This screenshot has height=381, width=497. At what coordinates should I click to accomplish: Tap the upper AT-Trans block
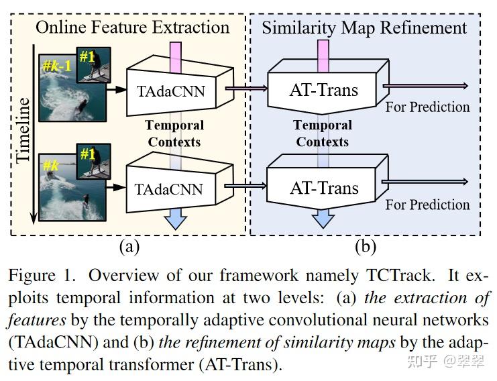pyautogui.click(x=323, y=89)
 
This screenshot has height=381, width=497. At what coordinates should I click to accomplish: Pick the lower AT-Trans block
pyautogui.click(x=323, y=188)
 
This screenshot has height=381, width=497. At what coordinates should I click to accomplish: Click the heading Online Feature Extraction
pyautogui.click(x=132, y=28)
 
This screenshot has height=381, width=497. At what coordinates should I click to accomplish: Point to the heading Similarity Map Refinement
pyautogui.click(x=364, y=28)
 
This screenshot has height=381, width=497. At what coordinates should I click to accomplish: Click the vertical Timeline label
pyautogui.click(x=24, y=128)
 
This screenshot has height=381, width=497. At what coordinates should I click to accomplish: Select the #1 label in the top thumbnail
pyautogui.click(x=87, y=56)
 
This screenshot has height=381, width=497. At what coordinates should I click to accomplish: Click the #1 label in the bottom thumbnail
pyautogui.click(x=87, y=154)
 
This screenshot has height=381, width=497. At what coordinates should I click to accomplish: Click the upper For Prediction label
pyautogui.click(x=427, y=107)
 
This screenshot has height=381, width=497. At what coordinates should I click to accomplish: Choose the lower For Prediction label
pyautogui.click(x=427, y=205)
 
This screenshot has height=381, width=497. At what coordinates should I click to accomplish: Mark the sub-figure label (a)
pyautogui.click(x=129, y=246)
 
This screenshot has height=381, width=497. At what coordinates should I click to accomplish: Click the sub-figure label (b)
pyautogui.click(x=365, y=246)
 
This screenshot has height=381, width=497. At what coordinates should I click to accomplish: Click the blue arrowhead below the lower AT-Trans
pyautogui.click(x=323, y=219)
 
